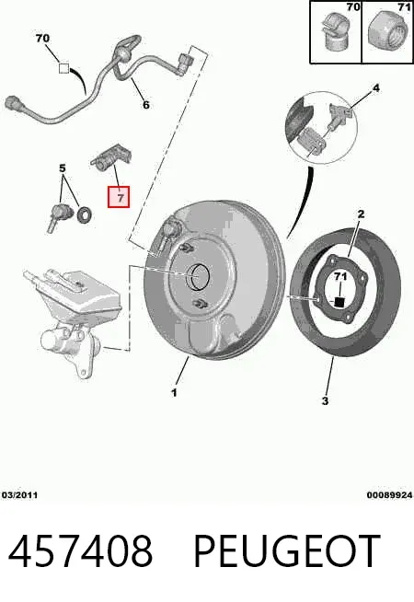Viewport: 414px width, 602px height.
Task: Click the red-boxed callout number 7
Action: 119,197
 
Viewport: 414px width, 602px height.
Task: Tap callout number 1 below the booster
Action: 174,393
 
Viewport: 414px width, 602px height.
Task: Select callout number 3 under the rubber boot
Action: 325,400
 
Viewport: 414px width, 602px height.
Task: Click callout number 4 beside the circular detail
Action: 63,168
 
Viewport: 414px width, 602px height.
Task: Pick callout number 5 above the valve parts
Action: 145,104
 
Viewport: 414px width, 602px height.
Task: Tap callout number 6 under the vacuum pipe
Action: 63,68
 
